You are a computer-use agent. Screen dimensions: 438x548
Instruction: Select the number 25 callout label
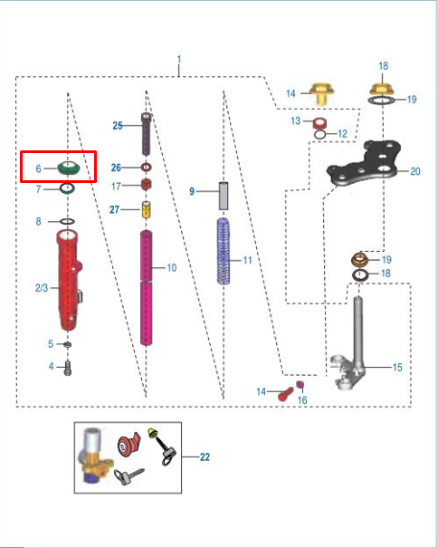coord(118,126)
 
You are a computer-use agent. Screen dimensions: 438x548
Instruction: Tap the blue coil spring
coord(224,251)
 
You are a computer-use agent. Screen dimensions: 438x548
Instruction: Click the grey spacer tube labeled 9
coord(224,196)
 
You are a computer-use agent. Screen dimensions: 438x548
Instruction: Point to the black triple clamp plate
coord(363,164)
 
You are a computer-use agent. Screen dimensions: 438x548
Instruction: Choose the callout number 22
coord(205,457)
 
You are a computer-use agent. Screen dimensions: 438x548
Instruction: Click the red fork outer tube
coord(69,280)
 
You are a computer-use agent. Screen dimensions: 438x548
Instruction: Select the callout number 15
coord(397,368)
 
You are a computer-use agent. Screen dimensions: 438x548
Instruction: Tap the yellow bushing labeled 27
coord(147,209)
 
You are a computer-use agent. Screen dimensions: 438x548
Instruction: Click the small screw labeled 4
coord(68,368)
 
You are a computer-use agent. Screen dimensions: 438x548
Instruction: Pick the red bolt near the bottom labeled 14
coord(286,394)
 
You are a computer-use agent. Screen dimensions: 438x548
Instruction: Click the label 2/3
coord(42,288)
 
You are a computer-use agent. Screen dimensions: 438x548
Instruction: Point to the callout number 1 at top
coord(179,59)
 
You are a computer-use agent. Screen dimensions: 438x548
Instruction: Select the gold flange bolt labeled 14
coord(322,93)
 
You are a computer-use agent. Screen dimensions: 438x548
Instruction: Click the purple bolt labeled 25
coord(146,134)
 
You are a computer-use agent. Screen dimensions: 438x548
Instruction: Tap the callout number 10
coord(172,268)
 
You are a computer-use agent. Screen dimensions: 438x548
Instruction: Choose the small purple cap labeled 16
coord(300,385)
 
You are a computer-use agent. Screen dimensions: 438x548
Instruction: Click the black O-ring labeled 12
coord(320,134)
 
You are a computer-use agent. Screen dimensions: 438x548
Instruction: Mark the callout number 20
coord(415,171)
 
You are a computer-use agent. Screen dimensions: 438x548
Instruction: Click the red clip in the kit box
coord(128,446)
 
